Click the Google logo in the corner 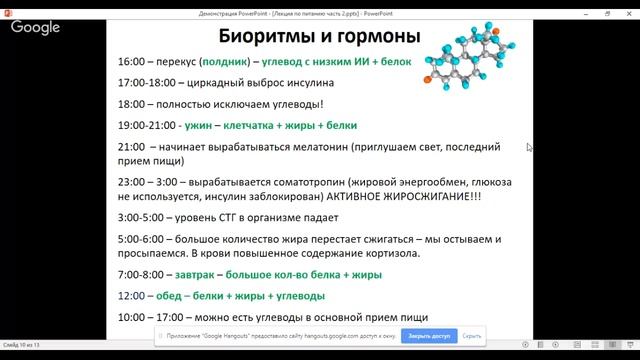(x=36, y=27)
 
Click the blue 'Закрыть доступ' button (x=427, y=336)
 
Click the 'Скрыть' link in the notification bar (x=473, y=336)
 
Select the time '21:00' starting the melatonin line (x=132, y=147)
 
